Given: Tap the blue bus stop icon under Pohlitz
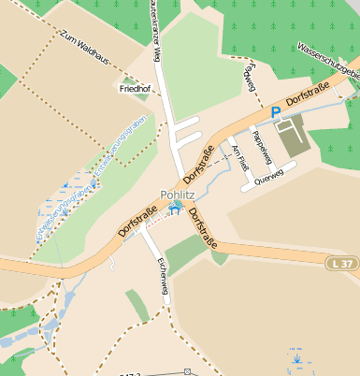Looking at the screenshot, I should pos(175,210).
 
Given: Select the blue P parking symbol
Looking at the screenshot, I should pos(276,112).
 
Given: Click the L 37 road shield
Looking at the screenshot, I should pos(343,265).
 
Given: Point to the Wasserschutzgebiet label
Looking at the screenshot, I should pos(327,60).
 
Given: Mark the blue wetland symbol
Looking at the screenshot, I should pos(296,357).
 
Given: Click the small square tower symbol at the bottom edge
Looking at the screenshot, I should pos(189,371).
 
